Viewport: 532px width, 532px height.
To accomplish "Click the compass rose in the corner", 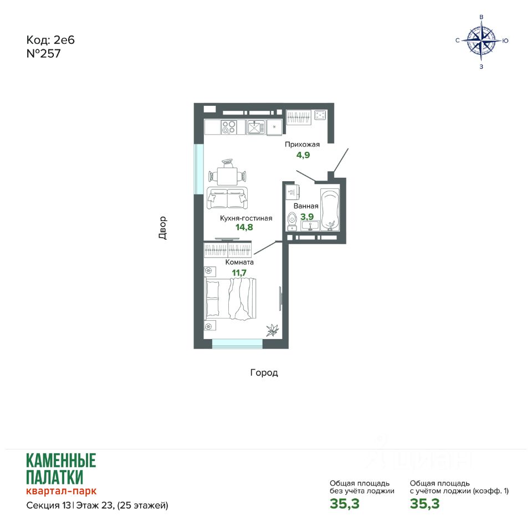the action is pos(482,40).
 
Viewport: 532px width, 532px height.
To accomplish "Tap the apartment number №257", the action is pos(43,54).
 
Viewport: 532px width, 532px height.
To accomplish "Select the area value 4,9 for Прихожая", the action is pos(303,155).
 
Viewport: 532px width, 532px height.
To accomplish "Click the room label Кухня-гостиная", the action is pos(246,218).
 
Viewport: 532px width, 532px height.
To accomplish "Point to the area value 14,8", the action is pos(244,227).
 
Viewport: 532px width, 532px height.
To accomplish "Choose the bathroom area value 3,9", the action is pos(307,217).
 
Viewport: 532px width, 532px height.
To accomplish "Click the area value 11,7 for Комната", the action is pos(239,273).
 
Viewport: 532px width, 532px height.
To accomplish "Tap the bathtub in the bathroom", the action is pos(330,210).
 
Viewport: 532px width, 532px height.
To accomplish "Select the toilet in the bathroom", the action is pos(292,222).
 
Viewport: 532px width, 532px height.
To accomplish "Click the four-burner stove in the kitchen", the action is pos(228,127).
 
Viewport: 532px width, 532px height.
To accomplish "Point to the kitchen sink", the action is pos(255,127).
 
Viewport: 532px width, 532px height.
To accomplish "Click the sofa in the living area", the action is pos(227,198).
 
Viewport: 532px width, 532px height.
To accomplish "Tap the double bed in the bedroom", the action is pos(230,299).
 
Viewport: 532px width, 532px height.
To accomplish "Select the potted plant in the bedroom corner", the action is pos(273,330).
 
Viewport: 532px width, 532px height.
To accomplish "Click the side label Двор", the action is pos(162,228).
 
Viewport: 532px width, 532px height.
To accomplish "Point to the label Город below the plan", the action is pos(264,373).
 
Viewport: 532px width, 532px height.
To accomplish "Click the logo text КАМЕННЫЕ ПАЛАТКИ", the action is pos(61,469).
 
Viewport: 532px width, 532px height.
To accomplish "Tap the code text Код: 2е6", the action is pos(50,40).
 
